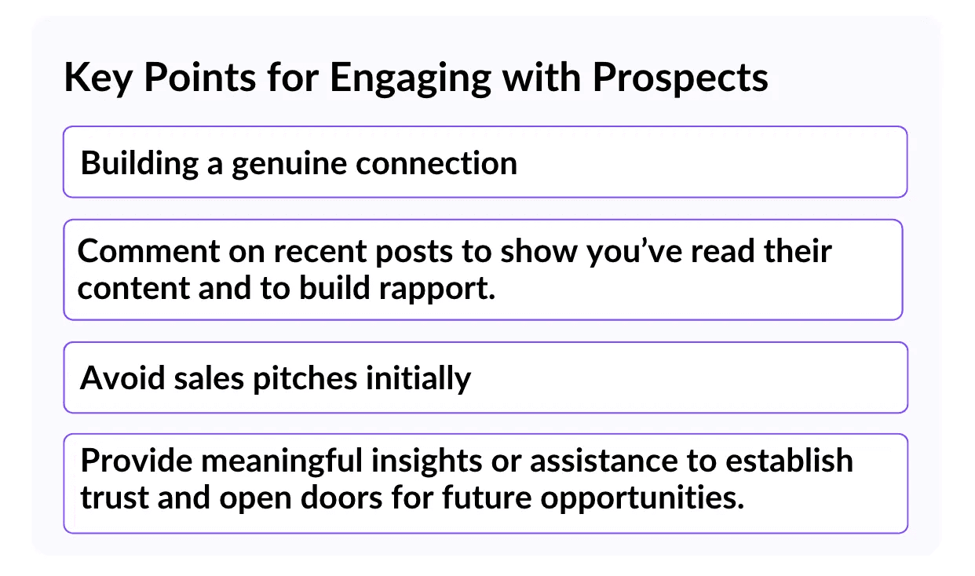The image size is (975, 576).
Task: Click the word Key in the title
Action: [x=98, y=78]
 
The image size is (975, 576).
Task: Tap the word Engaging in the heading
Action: [x=411, y=78]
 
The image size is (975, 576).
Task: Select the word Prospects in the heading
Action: [x=681, y=78]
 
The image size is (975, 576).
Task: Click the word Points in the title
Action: [x=199, y=78]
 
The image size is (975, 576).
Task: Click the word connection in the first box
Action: [x=436, y=163]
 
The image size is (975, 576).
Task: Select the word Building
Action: [x=139, y=164]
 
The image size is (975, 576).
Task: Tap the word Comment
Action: [x=148, y=251]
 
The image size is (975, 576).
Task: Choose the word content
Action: [x=133, y=288]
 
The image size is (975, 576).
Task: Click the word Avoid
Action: [x=122, y=377]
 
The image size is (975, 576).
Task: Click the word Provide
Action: [x=137, y=461]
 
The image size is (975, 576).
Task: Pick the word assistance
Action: [x=604, y=461]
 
